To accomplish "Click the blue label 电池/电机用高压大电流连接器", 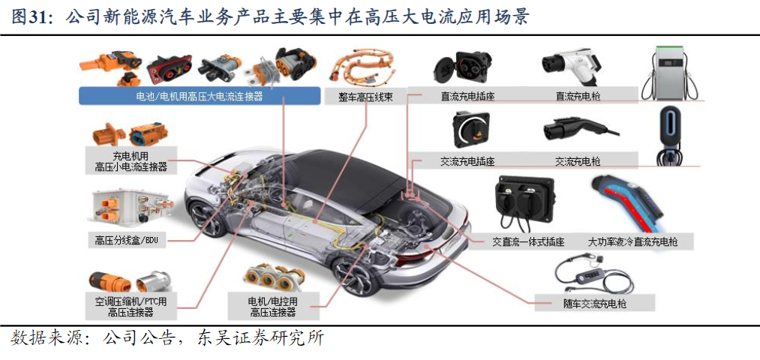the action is pos(200,96).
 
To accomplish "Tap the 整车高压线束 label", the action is pos(365,97).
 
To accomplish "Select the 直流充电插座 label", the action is pos(467,96).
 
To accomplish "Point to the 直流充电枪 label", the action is pos(578,96).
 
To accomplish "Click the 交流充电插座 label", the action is pos(467,160).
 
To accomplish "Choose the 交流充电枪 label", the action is pos(578,160).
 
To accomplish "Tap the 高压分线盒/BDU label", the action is pos(127,239).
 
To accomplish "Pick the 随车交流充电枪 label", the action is pos(595,304).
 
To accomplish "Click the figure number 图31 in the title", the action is pos(29,17).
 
